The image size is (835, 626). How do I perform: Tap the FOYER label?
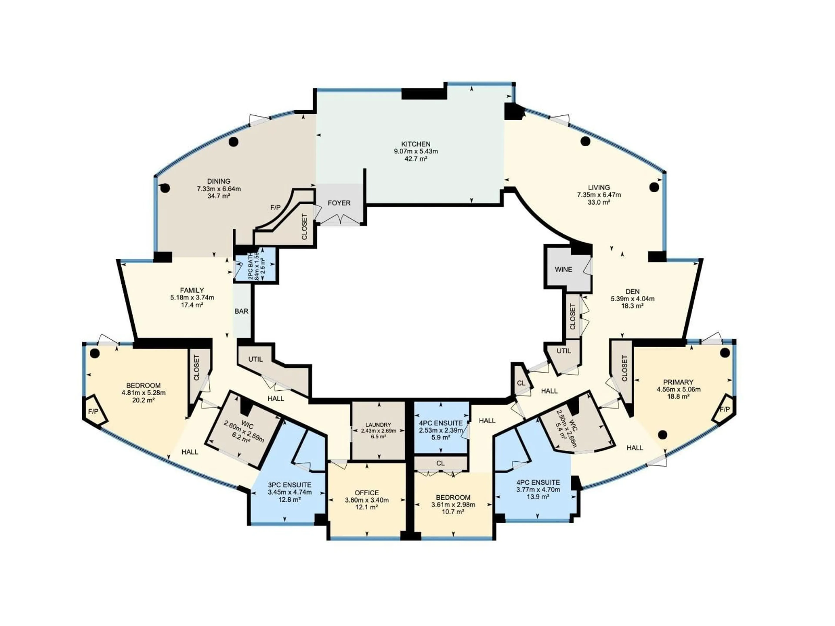[x=339, y=203]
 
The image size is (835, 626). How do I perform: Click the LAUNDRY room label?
[x=378, y=425]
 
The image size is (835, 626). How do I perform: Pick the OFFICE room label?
[x=367, y=493]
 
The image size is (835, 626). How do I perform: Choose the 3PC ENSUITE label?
[x=290, y=485]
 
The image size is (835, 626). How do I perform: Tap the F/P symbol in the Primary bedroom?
[x=724, y=410]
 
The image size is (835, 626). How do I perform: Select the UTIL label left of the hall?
[x=255, y=359]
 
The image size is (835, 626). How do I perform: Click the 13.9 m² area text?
[x=538, y=497]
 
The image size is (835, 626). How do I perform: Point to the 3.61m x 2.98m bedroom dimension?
[x=453, y=505]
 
